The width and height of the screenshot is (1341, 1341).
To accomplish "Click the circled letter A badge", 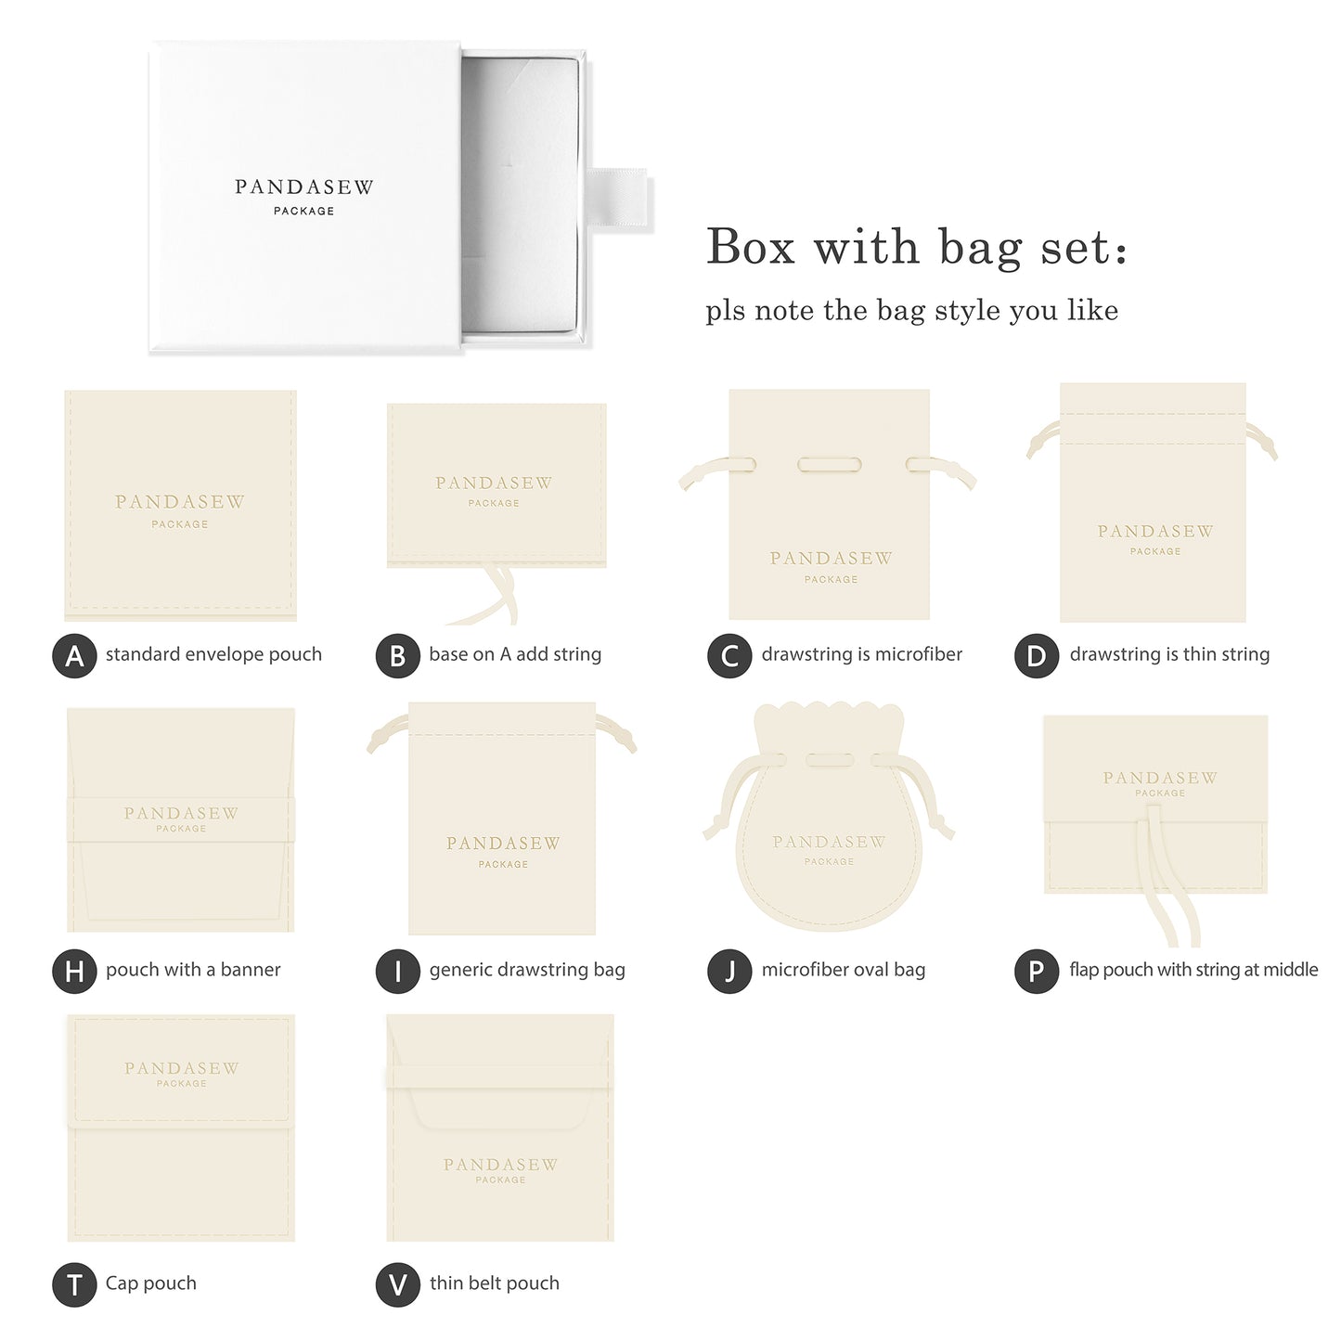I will pyautogui.click(x=74, y=655).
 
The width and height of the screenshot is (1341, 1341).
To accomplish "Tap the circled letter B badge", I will pyautogui.click(x=397, y=655).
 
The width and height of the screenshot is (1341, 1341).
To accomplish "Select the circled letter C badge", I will pyautogui.click(x=729, y=655).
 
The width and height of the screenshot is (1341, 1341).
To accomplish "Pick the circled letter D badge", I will pyautogui.click(x=1036, y=655).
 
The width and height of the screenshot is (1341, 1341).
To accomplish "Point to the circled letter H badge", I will pyautogui.click(x=74, y=971).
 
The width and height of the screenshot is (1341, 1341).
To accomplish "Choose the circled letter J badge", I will pyautogui.click(x=729, y=971).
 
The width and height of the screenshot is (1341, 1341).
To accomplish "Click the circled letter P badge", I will pyautogui.click(x=1036, y=971).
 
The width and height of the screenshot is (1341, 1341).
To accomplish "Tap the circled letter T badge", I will pyautogui.click(x=74, y=1285).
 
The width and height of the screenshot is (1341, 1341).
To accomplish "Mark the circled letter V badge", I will pyautogui.click(x=397, y=1285).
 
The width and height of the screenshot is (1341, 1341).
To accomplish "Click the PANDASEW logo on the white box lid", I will pyautogui.click(x=303, y=187).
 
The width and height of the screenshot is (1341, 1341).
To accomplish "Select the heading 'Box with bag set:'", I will pyautogui.click(x=916, y=248).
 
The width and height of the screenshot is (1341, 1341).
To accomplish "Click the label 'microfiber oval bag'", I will pyautogui.click(x=843, y=970).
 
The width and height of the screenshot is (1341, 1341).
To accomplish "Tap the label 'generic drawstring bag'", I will pyautogui.click(x=526, y=970).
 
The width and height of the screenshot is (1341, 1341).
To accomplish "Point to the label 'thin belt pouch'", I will pyautogui.click(x=494, y=1283).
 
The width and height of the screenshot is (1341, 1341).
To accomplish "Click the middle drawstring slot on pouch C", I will pyautogui.click(x=830, y=464).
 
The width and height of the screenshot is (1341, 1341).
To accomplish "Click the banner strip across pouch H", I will pyautogui.click(x=181, y=819).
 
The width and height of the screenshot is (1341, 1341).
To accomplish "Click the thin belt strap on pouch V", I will pyautogui.click(x=499, y=1077).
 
